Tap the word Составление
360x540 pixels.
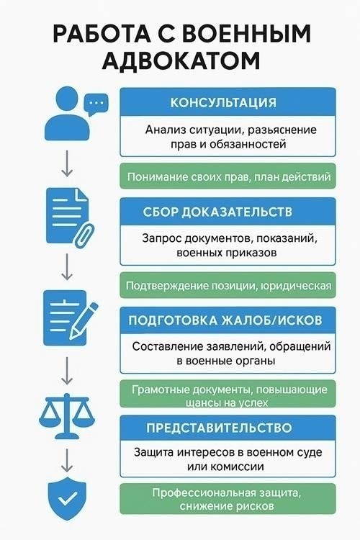[x=167, y=346]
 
